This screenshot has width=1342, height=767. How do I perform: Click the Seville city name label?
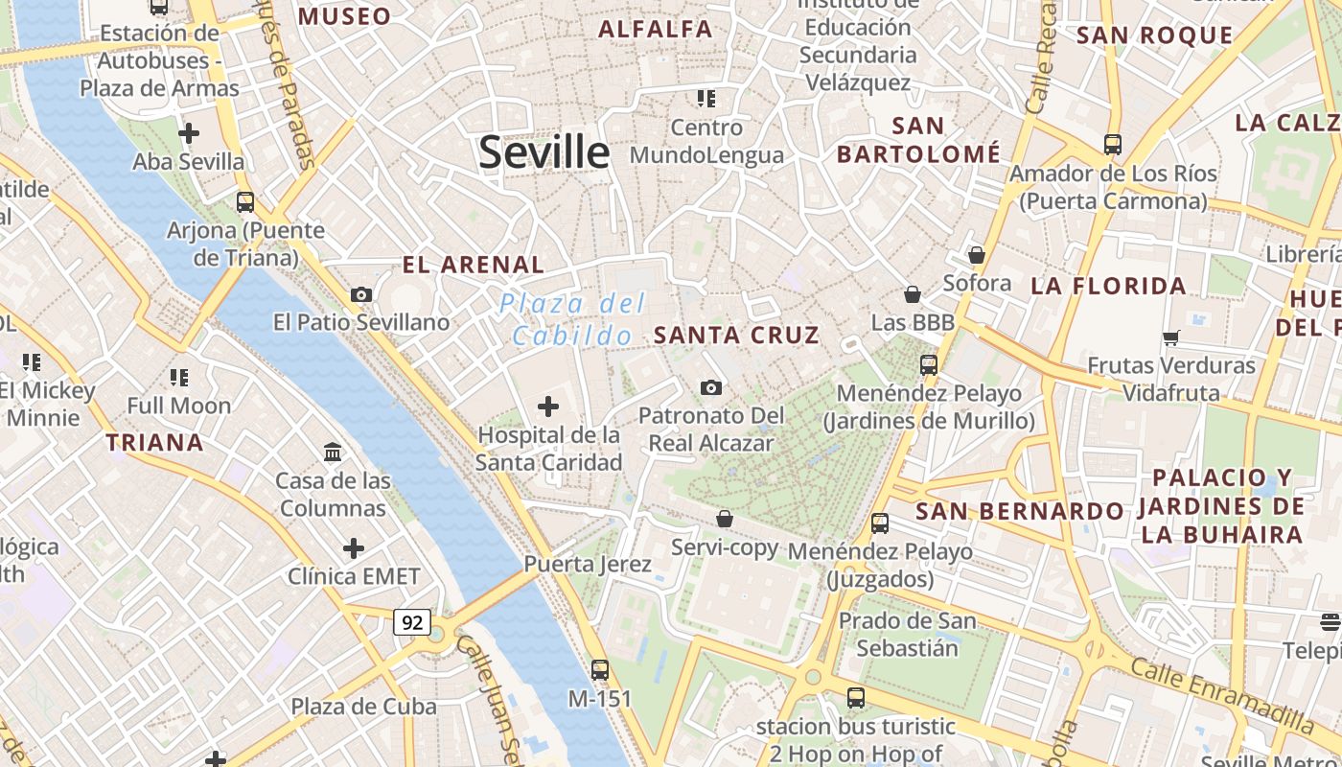tap(544, 151)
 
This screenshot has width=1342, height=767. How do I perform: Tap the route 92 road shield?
tap(412, 622)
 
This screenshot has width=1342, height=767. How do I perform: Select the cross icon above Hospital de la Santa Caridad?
tap(548, 407)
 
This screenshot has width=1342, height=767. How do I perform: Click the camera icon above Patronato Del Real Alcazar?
tap(710, 387)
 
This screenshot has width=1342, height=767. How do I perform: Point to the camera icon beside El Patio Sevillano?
tap(361, 294)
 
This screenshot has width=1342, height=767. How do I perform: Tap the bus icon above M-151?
tap(600, 669)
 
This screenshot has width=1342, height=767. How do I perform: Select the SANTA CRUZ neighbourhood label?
tap(736, 335)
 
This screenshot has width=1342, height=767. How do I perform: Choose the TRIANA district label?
tap(154, 442)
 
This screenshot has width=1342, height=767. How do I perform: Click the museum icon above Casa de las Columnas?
tap(333, 452)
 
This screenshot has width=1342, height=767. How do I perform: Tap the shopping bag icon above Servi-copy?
tap(725, 519)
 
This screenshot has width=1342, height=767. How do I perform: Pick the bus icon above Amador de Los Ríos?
tap(1112, 145)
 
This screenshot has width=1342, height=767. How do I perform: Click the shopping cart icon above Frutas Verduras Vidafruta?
tap(1170, 337)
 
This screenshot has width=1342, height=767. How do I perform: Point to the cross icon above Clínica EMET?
tap(354, 548)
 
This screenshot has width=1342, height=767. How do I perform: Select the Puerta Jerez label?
tap(588, 564)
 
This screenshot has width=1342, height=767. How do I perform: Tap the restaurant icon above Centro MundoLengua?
tap(706, 98)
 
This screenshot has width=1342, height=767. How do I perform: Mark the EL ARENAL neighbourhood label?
tap(473, 265)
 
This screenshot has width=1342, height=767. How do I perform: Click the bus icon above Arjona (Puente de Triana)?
tap(245, 201)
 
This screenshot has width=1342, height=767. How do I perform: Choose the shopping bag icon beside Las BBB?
tap(913, 294)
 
